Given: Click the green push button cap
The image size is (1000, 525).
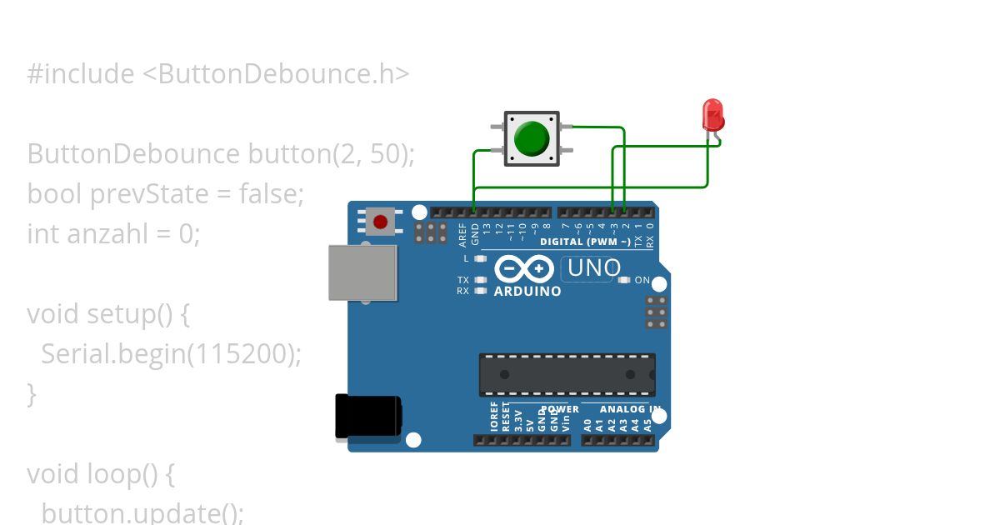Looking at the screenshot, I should (x=531, y=138).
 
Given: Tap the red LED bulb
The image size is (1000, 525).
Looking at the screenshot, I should (x=712, y=114).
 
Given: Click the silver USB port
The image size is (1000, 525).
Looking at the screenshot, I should (x=362, y=272).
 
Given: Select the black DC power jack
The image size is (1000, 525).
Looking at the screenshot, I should (x=367, y=416).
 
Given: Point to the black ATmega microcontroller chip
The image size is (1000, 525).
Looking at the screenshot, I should (x=567, y=374).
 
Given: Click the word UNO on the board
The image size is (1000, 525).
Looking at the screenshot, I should (x=594, y=268).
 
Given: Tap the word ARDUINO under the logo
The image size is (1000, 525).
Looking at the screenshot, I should (x=527, y=292).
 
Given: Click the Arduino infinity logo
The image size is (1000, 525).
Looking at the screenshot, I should (x=524, y=268).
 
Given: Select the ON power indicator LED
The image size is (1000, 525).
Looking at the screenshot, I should (x=625, y=280).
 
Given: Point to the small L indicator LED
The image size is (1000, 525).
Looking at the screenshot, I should (x=480, y=258).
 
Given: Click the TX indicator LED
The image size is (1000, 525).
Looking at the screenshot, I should (x=480, y=280).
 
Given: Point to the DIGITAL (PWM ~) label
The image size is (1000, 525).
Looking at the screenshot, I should (x=585, y=242).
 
